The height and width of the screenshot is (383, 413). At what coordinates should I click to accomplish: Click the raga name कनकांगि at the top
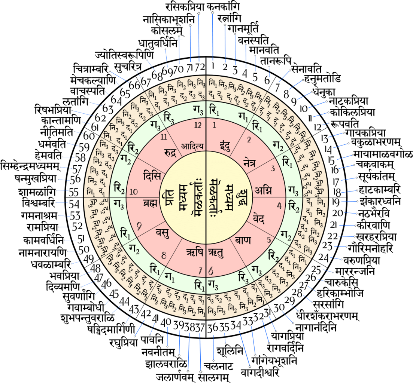point(221,7)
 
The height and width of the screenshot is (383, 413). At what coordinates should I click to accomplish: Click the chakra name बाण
point(243,240)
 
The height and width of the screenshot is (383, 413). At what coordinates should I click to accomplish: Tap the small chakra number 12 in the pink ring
point(198,126)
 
